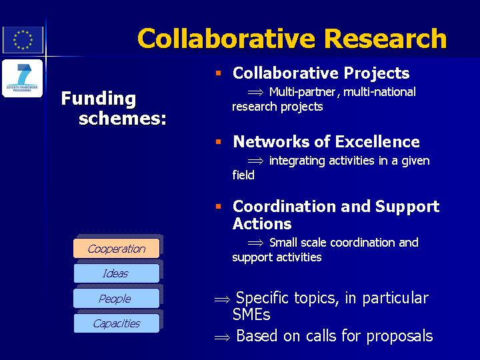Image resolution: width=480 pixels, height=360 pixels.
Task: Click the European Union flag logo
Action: pos(23,40)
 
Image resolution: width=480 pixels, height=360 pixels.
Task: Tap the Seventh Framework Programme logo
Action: pos(23,79)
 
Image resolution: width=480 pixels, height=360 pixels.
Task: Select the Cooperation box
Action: pos(116,248)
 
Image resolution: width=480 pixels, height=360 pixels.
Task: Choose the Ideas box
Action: pos(116,273)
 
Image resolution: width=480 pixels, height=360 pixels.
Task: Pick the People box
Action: pos(116,298)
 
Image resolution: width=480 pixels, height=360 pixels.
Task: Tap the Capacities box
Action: pos(116,323)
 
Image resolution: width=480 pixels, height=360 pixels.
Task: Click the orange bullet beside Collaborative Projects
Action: pos(218,73)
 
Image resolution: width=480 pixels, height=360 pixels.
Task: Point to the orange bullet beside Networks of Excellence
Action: pos(218,141)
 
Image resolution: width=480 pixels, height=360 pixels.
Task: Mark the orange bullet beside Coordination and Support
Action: pos(218,206)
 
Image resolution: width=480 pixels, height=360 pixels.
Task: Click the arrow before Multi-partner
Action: pos(255,92)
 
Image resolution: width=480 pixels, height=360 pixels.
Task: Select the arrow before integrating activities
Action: pos(255,161)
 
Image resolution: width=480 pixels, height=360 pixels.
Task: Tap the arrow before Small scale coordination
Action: pos(255,243)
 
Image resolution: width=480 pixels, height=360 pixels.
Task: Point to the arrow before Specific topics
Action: pos(222,299)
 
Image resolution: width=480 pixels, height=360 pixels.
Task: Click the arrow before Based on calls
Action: pos(222,337)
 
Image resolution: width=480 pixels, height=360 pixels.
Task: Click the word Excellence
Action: pos(377,142)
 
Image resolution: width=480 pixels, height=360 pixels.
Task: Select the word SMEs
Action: pos(251,314)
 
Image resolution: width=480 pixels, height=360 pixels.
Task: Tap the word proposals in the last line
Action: pos(399,337)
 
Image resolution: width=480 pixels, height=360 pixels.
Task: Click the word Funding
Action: pos(99,99)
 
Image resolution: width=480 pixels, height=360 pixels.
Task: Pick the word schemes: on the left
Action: pos(123,119)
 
